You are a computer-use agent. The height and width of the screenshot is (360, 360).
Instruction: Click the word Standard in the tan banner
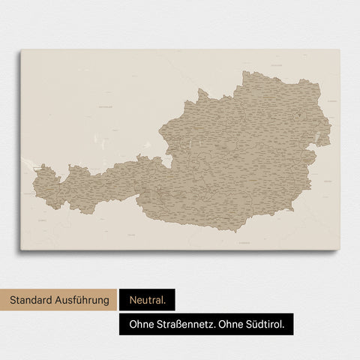pyautogui.click(x=35, y=301)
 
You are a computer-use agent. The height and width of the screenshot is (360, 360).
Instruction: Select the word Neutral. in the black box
pyautogui.click(x=146, y=301)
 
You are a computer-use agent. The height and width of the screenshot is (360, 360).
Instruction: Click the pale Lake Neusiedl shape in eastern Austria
pyautogui.click(x=321, y=139)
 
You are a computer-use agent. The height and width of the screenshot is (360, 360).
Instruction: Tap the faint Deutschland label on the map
pyautogui.click(x=110, y=107)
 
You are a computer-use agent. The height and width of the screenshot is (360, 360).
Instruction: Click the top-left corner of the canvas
pyautogui.click(x=21, y=50)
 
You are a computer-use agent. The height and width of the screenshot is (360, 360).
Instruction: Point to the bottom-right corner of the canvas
pyautogui.click(x=339, y=250)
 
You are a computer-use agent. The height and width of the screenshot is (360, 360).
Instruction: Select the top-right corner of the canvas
pyautogui.click(x=339, y=50)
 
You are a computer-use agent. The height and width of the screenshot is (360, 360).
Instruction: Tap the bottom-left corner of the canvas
pyautogui.click(x=21, y=250)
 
